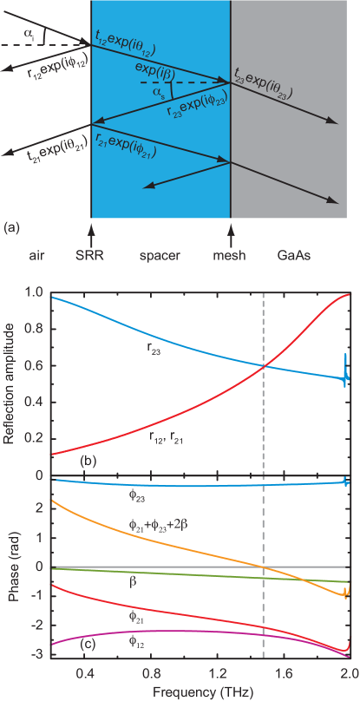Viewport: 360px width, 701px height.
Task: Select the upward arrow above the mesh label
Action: [231, 234]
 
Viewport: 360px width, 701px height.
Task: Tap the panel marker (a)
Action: [11, 227]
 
